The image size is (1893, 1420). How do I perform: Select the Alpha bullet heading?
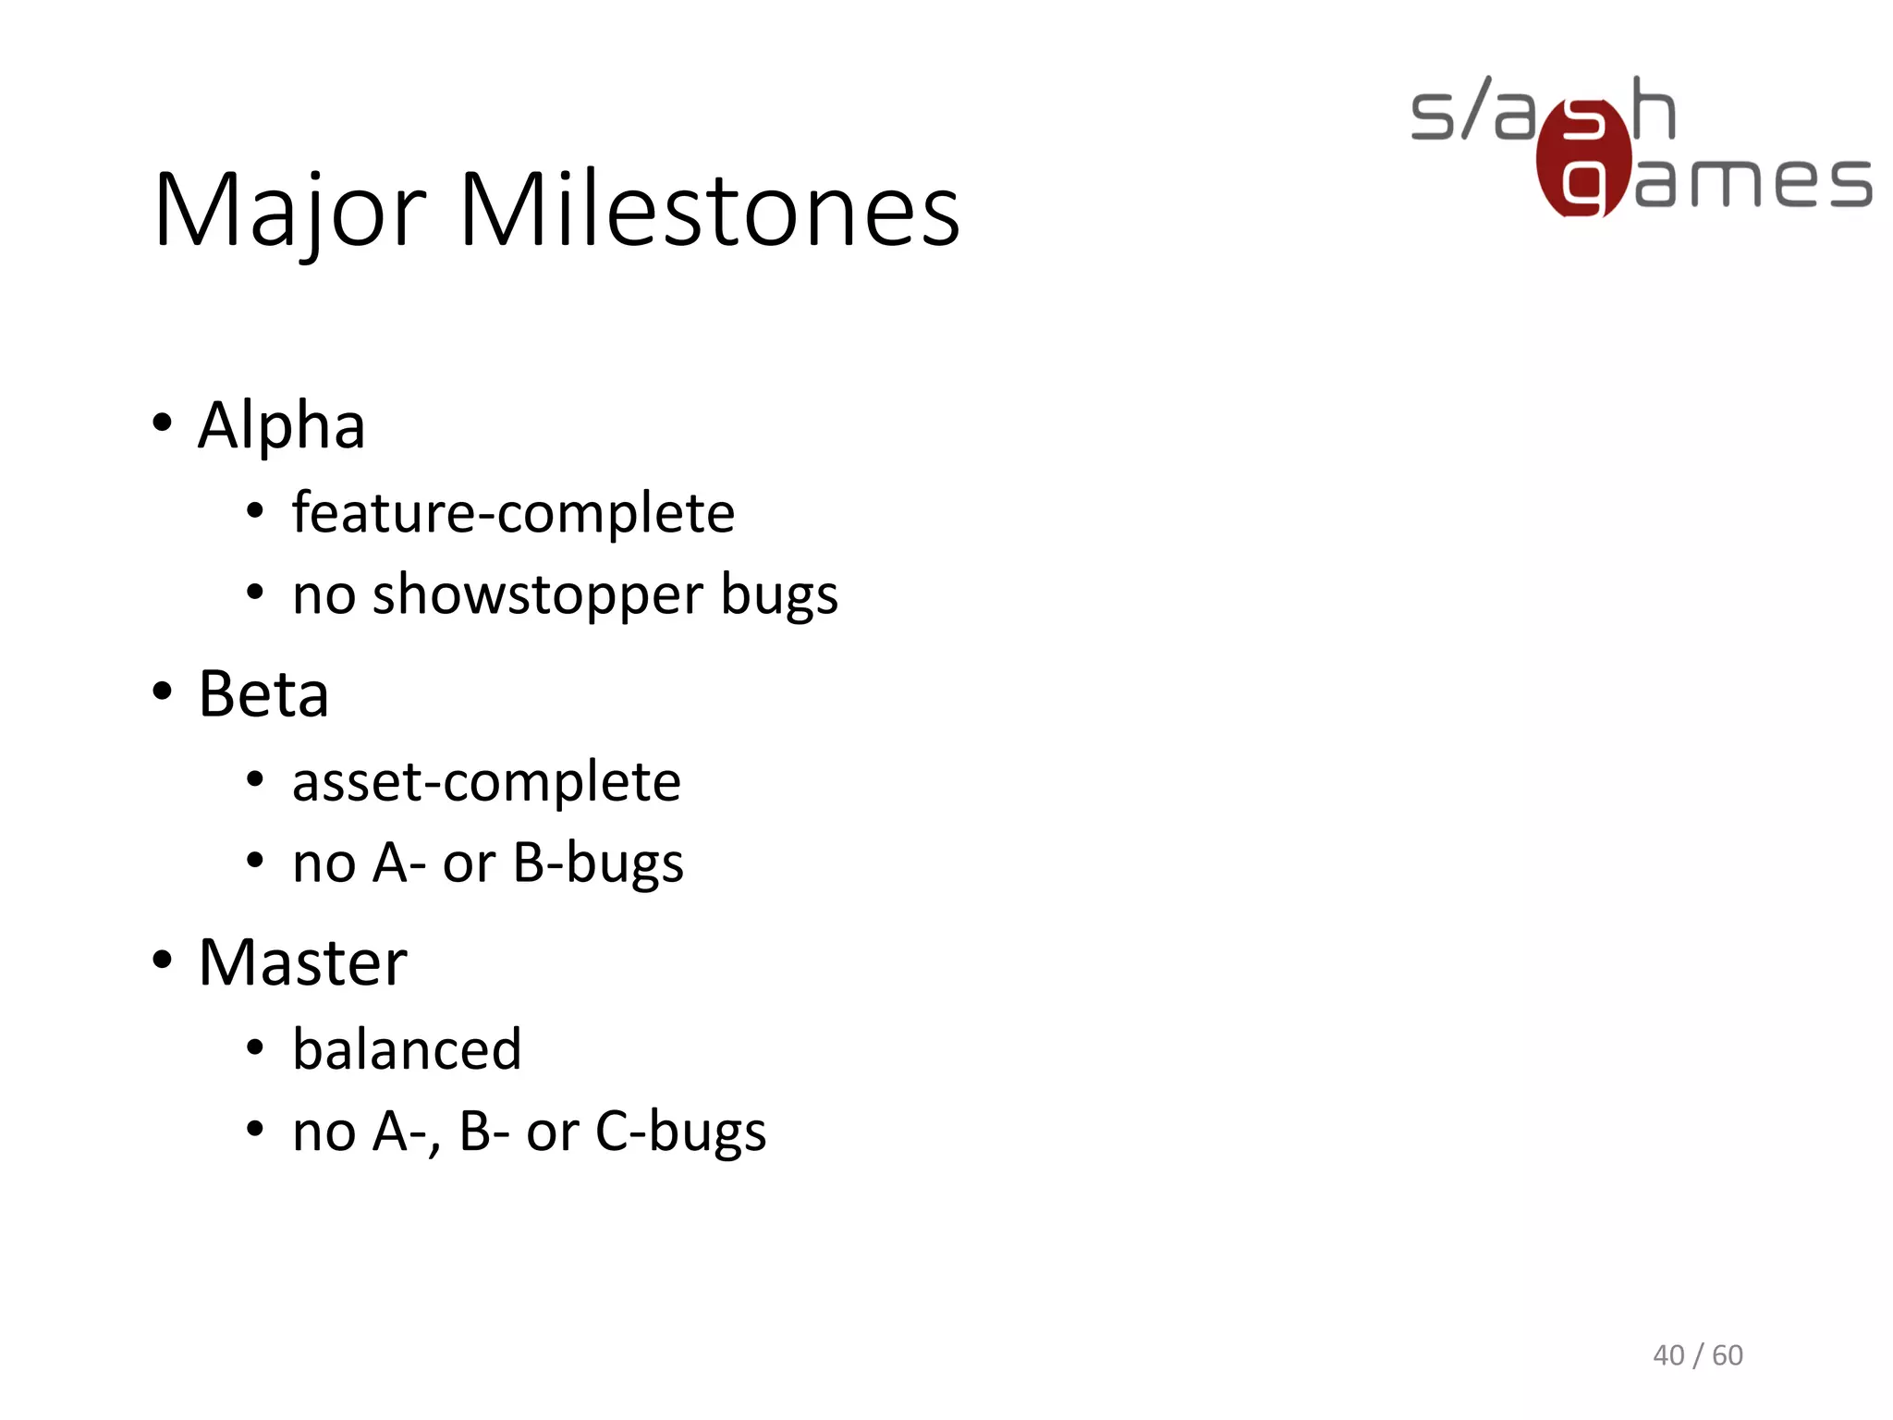pyautogui.click(x=281, y=426)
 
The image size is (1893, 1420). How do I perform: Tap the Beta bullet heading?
pyautogui.click(x=263, y=694)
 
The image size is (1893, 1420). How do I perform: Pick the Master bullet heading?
pyautogui.click(x=302, y=962)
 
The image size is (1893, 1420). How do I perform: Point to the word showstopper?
pyautogui.click(x=537, y=594)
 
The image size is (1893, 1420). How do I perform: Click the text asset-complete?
pyautogui.click(x=486, y=781)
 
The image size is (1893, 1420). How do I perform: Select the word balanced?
pyautogui.click(x=407, y=1049)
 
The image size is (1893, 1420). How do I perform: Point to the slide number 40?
pyautogui.click(x=1668, y=1355)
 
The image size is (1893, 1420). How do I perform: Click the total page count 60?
pyautogui.click(x=1728, y=1355)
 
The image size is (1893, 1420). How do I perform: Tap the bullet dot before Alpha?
pyautogui.click(x=162, y=423)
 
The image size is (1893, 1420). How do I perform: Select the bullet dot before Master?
pyautogui.click(x=162, y=960)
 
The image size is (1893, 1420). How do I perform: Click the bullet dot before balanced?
pyautogui.click(x=255, y=1048)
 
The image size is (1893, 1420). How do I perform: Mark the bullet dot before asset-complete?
pyautogui.click(x=255, y=780)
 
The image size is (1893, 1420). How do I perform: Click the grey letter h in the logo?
pyautogui.click(x=1653, y=109)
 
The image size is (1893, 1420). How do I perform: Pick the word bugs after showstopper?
pyautogui.click(x=779, y=594)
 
